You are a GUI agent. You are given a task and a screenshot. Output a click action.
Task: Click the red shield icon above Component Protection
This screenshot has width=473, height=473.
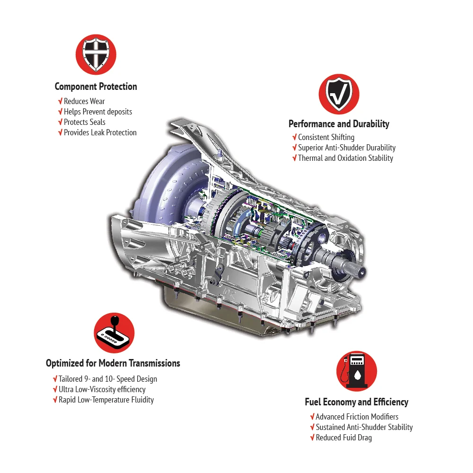click(x=96, y=54)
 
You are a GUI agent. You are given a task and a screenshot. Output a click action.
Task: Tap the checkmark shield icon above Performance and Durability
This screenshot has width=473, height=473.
click(x=339, y=94)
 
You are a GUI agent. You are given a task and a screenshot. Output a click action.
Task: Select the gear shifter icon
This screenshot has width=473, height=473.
click(x=114, y=333)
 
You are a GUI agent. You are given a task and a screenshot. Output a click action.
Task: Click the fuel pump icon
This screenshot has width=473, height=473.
click(x=357, y=371)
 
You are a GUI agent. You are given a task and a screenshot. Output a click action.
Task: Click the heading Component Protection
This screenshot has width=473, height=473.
click(x=96, y=87)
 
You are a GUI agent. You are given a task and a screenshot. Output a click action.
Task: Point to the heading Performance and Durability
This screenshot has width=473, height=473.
click(x=339, y=124)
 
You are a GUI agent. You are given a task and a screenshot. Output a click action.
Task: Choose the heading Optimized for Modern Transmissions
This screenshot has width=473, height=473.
click(x=113, y=363)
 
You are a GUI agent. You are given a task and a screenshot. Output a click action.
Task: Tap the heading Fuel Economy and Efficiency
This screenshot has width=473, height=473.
click(x=357, y=402)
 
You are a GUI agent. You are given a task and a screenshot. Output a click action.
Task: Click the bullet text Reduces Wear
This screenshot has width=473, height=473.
click(x=84, y=101)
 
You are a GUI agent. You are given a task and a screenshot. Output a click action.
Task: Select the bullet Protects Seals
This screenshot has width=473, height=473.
click(x=85, y=122)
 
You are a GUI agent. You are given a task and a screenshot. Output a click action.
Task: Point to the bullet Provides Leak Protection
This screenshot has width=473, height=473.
click(x=100, y=133)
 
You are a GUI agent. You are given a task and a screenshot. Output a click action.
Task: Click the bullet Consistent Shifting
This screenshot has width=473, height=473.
click(x=326, y=137)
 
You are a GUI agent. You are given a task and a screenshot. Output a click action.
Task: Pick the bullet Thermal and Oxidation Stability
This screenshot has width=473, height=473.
click(x=345, y=158)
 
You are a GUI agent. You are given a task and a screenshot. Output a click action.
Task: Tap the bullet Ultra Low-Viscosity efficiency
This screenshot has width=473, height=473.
click(x=102, y=389)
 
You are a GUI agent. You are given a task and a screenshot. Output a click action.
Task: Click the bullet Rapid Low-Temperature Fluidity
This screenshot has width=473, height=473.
click(x=106, y=400)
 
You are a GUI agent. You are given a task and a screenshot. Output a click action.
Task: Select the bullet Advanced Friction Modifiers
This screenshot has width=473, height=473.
click(x=357, y=417)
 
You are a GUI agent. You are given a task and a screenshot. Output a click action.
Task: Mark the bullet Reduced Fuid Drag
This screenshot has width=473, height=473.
click(x=343, y=438)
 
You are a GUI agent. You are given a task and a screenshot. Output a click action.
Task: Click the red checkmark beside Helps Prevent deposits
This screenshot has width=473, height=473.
click(x=61, y=112)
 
